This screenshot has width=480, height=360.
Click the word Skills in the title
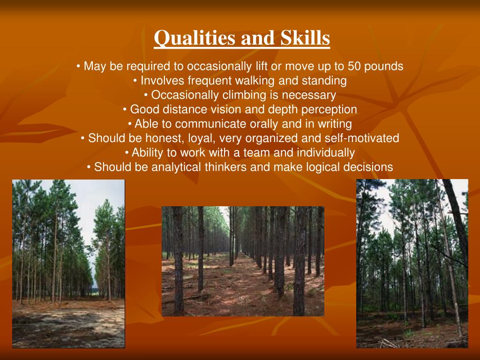[305, 38]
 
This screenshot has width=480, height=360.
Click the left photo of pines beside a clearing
[68, 263]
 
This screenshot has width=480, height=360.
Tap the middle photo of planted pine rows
[243, 261]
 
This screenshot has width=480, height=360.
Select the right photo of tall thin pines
[412, 263]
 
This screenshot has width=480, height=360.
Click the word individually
[327, 153]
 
